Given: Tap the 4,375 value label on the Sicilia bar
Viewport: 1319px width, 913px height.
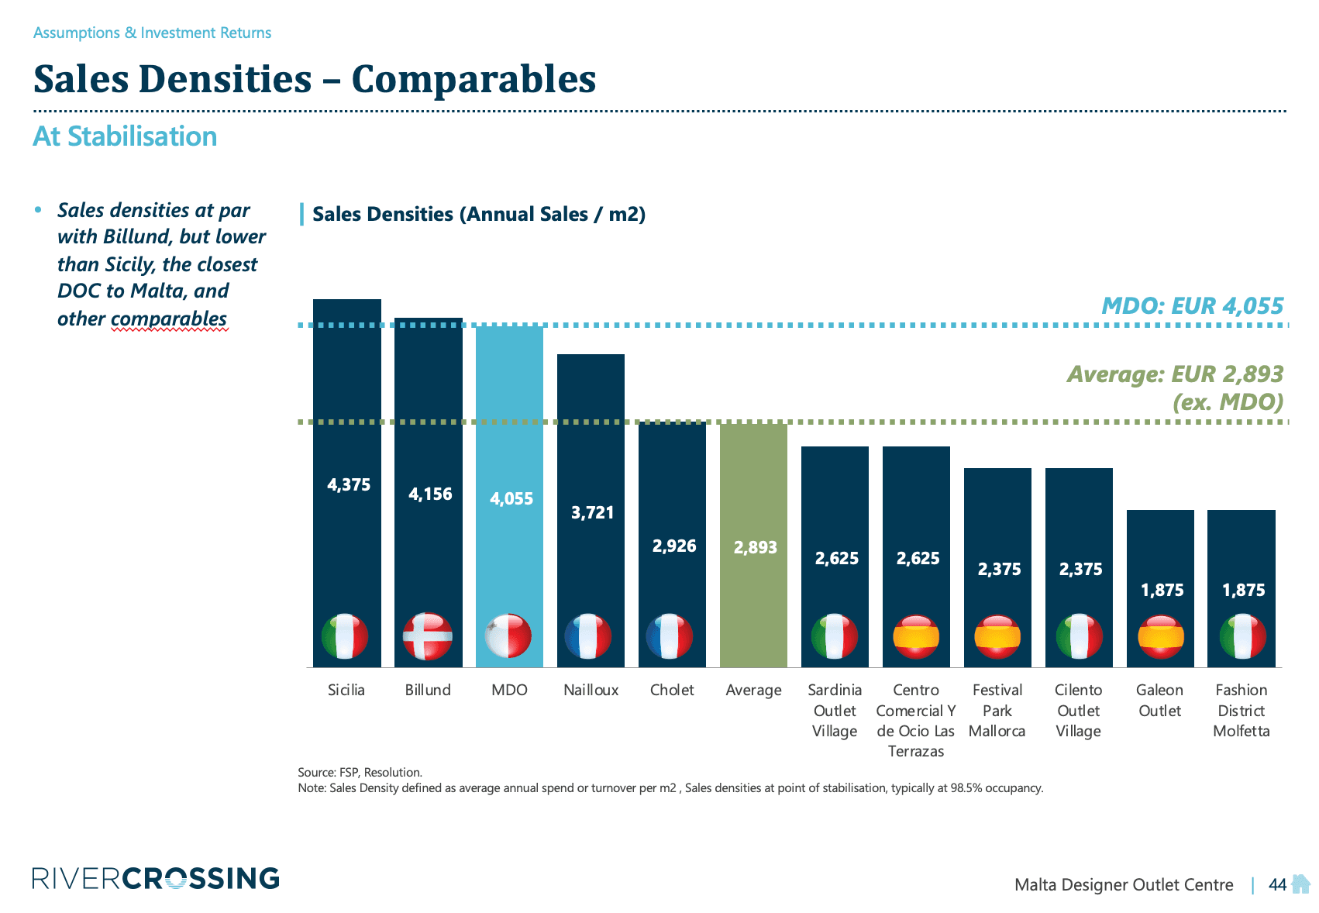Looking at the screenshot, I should [x=349, y=485].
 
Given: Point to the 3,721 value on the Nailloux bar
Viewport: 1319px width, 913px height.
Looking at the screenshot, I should [x=592, y=513].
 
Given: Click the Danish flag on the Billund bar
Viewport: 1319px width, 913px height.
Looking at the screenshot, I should [x=428, y=636].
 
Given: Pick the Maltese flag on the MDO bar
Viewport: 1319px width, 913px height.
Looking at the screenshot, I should [x=508, y=636].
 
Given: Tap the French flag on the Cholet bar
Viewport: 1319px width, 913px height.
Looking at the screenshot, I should [x=670, y=636].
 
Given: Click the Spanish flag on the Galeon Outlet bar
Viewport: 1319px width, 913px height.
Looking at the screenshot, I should [x=1160, y=636].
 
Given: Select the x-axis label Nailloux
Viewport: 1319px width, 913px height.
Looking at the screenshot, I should [x=591, y=690].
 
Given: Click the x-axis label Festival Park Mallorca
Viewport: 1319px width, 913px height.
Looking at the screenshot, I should [x=997, y=710].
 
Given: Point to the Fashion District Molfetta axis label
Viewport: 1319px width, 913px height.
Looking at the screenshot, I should [x=1241, y=710].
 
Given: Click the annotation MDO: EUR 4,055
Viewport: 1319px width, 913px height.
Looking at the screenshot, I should [x=1192, y=306].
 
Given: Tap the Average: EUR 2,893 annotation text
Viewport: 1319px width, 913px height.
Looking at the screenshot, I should [x=1175, y=375].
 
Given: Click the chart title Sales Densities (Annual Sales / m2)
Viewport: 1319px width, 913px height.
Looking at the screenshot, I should [x=479, y=215].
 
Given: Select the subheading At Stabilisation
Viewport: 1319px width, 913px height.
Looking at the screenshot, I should [x=125, y=136].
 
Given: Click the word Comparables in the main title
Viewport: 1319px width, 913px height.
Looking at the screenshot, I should [x=474, y=79].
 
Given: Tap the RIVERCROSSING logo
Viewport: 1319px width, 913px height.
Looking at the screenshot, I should [x=156, y=878].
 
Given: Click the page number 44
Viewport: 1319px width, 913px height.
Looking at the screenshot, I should [x=1277, y=884].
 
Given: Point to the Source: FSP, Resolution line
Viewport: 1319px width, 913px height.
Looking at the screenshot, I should [x=360, y=772].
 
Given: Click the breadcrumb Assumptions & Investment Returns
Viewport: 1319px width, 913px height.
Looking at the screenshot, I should [x=152, y=33].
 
